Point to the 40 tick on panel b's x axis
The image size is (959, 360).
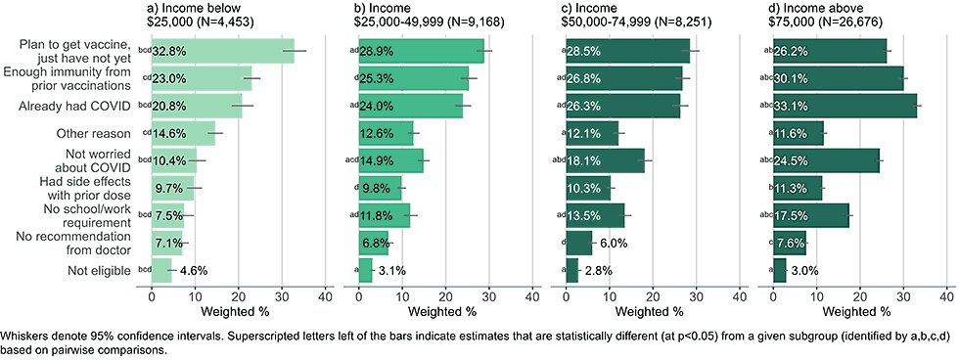coord(531,295)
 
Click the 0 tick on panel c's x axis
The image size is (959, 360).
coord(567,295)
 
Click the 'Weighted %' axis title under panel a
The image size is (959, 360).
coord(237,313)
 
